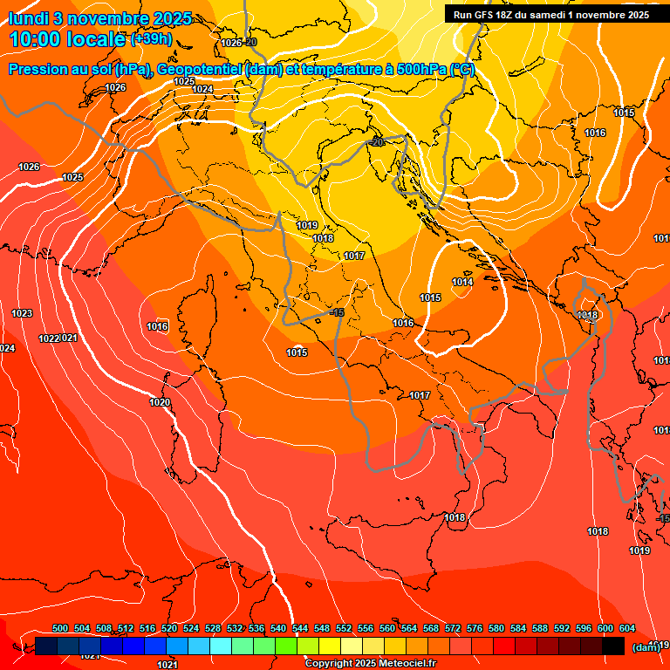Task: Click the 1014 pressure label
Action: pos(462,282)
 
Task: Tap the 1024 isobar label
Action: pos(202,89)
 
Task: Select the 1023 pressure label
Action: pos(22,312)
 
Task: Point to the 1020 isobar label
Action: pos(160,402)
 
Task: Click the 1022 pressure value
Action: pos(49,338)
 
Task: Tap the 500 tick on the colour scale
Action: pos(60,628)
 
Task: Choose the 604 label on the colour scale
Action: pos(626,628)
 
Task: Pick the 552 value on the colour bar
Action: pos(344,628)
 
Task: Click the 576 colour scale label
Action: pos(475,628)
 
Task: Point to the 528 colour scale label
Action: pos(213,628)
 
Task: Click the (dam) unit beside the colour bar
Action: pos(645,646)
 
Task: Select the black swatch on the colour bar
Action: pos(613,646)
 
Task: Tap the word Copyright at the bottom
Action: pos(329,664)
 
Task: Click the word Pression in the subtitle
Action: pos(38,70)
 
